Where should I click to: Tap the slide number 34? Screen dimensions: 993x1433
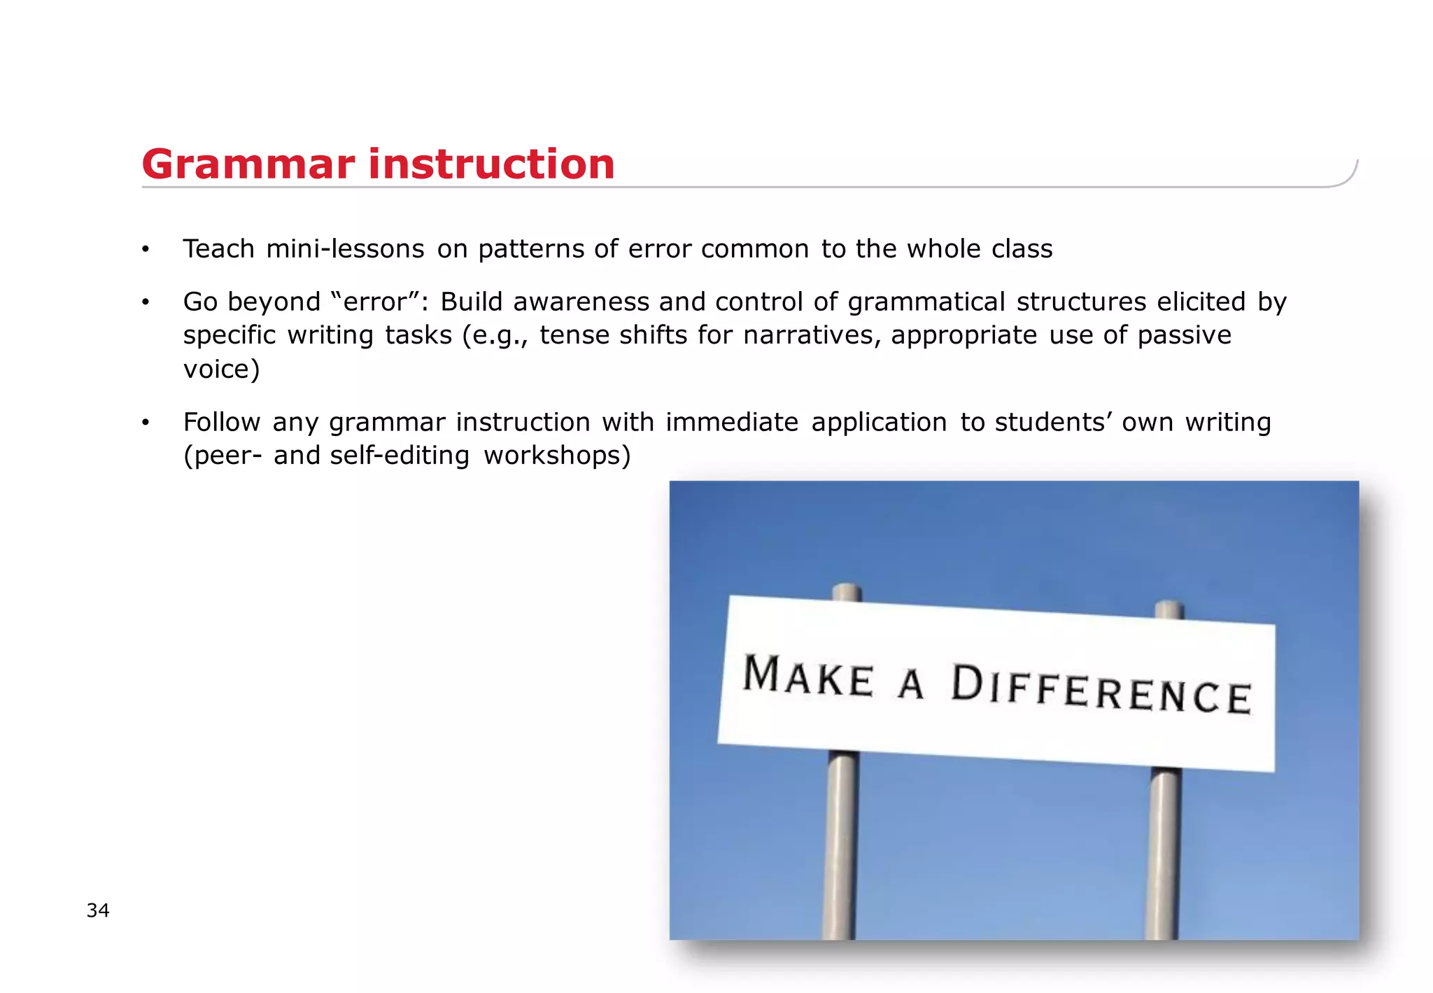pos(98,910)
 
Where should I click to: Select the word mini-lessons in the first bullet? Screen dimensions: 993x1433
pos(345,249)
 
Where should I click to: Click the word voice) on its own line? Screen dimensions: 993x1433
pos(221,369)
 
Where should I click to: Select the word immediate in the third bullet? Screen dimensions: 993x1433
pos(732,422)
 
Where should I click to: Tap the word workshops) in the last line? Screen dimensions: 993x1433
pos(557,456)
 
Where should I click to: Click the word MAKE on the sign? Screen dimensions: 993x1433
pos(808,676)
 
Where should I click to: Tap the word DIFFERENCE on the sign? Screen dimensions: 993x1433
pos(1101,690)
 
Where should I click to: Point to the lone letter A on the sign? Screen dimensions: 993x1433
pos(911,684)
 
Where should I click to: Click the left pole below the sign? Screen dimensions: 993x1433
pos(842,847)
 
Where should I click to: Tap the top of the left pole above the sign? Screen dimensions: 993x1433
pos(847,591)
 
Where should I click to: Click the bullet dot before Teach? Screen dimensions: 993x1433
pos(146,250)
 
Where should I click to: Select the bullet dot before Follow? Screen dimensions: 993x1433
pos(146,423)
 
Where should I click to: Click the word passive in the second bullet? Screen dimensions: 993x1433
pos(1184,335)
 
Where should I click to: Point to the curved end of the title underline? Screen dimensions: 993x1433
pos(1349,176)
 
